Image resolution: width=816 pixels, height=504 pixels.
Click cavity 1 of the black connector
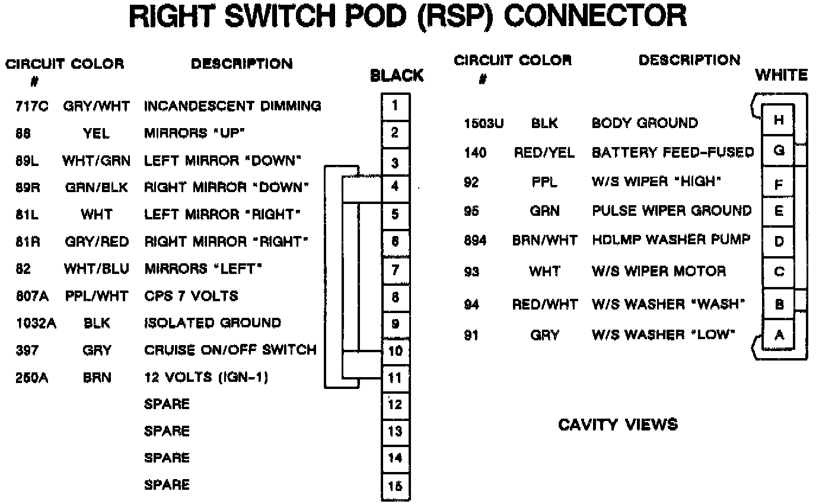(x=395, y=106)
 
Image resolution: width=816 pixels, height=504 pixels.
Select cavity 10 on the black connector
(x=395, y=350)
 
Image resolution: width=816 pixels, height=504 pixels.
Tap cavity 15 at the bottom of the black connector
(x=395, y=486)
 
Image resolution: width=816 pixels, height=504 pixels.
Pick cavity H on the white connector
(x=779, y=120)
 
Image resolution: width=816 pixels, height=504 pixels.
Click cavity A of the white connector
(x=779, y=335)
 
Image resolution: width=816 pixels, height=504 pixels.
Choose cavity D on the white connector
(x=779, y=241)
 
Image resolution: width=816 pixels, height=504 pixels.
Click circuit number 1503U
(x=483, y=123)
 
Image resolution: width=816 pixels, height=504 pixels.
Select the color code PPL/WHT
(x=96, y=296)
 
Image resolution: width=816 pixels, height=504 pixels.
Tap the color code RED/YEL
(x=544, y=153)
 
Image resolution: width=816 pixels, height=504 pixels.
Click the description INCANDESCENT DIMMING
(x=232, y=107)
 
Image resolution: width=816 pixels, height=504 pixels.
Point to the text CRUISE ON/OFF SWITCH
(x=230, y=350)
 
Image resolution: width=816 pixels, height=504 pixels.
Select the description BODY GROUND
(x=645, y=123)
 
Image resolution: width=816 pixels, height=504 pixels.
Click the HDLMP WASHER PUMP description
(x=671, y=240)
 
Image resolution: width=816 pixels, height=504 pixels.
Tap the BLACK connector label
(x=397, y=76)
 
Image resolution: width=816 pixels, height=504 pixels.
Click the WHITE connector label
(x=781, y=75)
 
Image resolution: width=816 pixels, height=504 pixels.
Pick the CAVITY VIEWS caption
(x=617, y=425)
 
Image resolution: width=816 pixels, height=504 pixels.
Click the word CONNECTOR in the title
(x=594, y=17)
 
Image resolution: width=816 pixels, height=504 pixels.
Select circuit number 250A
(x=32, y=377)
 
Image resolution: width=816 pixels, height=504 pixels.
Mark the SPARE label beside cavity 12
(x=167, y=404)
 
